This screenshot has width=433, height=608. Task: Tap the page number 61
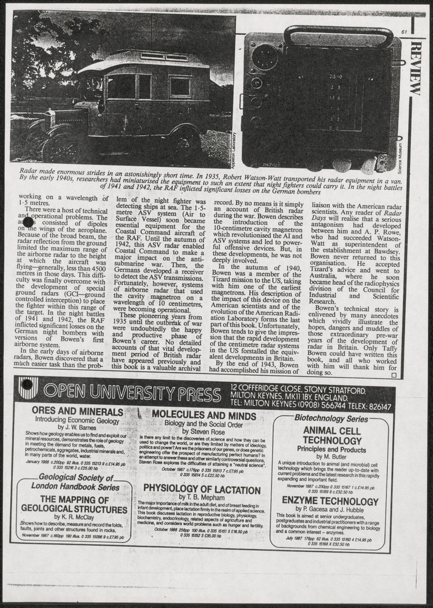pos(404,32)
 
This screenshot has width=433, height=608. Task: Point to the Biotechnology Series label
pos(331,418)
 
